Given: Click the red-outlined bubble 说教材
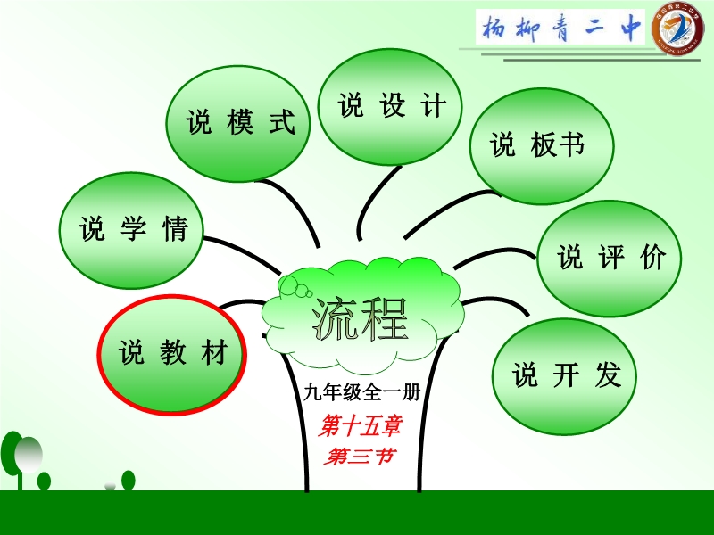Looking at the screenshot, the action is coord(172,354).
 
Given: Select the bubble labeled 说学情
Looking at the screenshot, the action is coord(131,230).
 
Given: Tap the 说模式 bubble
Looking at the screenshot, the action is coord(237,124).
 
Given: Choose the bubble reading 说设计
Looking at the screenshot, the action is coord(390,107).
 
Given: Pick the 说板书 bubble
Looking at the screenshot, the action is coord(542,146).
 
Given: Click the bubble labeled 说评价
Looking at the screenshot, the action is coord(610,259).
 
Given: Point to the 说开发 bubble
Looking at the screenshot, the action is coord(565,376).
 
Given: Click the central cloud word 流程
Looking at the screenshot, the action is coord(360,320).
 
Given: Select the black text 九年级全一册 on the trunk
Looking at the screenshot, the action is coord(362,392).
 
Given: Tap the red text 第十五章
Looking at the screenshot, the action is coord(361,426).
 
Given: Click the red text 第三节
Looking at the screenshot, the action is coord(360,456).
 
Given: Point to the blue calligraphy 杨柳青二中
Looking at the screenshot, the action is coord(561,28).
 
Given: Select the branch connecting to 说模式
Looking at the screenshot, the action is coord(295,206).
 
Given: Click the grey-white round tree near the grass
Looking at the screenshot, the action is coord(29,455).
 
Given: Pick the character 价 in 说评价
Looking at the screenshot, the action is coord(654,258).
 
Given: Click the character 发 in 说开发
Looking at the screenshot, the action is coord(609,375).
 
